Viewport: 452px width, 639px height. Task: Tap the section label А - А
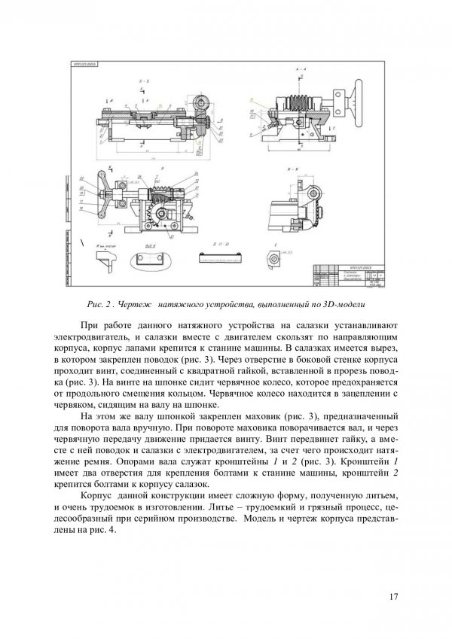coord(300,68)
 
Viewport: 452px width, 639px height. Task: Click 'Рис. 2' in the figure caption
coord(100,306)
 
